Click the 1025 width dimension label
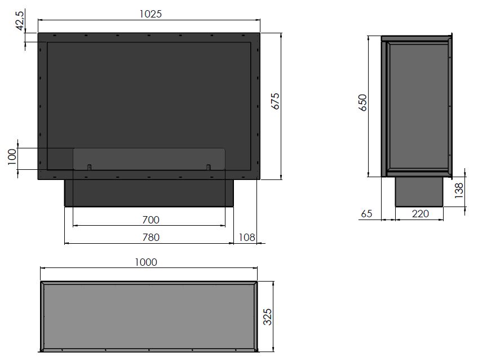point(151,14)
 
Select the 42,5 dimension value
point(20,20)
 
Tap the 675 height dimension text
point(275,101)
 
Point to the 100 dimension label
point(12,157)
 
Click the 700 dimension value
point(151,219)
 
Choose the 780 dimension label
point(151,238)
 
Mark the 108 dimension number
point(247,238)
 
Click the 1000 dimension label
point(146,262)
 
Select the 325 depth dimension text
point(267,317)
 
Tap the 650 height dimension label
point(363,103)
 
